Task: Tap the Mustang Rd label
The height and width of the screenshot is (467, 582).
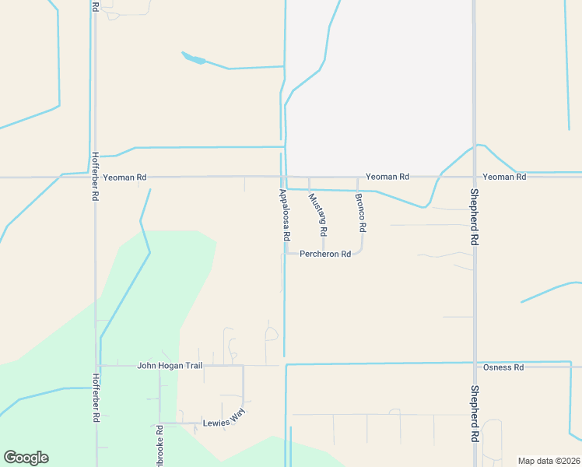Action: pyautogui.click(x=317, y=216)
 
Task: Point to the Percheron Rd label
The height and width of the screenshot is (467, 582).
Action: pyautogui.click(x=325, y=254)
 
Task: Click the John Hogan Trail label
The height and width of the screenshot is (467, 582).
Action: pyautogui.click(x=170, y=365)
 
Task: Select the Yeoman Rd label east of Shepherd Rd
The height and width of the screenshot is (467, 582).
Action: pyautogui.click(x=504, y=177)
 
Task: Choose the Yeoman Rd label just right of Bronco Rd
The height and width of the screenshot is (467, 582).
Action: pyautogui.click(x=387, y=177)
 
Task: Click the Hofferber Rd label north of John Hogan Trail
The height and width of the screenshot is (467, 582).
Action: pyautogui.click(x=95, y=177)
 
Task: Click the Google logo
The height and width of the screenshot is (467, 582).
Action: pyautogui.click(x=26, y=458)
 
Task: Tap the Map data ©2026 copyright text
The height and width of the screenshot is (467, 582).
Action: pyautogui.click(x=548, y=461)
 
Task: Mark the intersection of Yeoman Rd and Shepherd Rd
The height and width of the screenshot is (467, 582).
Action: pyautogui.click(x=474, y=177)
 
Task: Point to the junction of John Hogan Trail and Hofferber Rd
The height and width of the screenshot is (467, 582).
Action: pyautogui.click(x=97, y=365)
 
